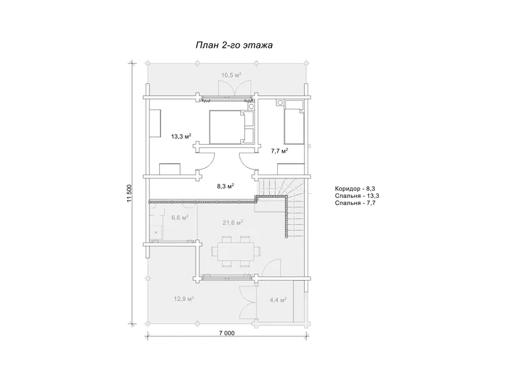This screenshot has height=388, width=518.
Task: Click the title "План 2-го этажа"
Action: (x=234, y=45)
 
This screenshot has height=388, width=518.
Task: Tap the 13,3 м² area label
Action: (x=181, y=136)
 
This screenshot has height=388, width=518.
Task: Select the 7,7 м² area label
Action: (x=280, y=151)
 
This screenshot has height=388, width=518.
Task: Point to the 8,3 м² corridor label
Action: (x=225, y=186)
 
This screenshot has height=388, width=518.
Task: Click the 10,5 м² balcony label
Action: (x=231, y=75)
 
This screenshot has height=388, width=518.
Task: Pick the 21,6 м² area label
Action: (x=233, y=222)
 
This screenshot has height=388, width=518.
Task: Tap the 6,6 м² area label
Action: (x=180, y=217)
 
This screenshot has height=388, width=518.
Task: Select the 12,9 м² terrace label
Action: (x=184, y=299)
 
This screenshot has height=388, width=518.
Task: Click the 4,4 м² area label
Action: (x=278, y=300)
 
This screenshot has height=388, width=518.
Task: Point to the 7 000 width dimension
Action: (x=227, y=333)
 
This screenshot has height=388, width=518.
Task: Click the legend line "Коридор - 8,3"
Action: (x=355, y=189)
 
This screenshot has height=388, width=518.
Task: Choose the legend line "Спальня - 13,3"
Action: (x=357, y=196)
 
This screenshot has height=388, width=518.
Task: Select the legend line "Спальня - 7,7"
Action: (x=355, y=202)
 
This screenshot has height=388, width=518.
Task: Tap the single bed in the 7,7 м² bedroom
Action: (x=295, y=122)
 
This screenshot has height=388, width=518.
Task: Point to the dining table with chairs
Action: (x=236, y=251)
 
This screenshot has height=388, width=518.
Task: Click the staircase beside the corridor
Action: (x=282, y=208)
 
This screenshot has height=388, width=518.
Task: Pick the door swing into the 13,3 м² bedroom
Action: (x=208, y=160)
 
